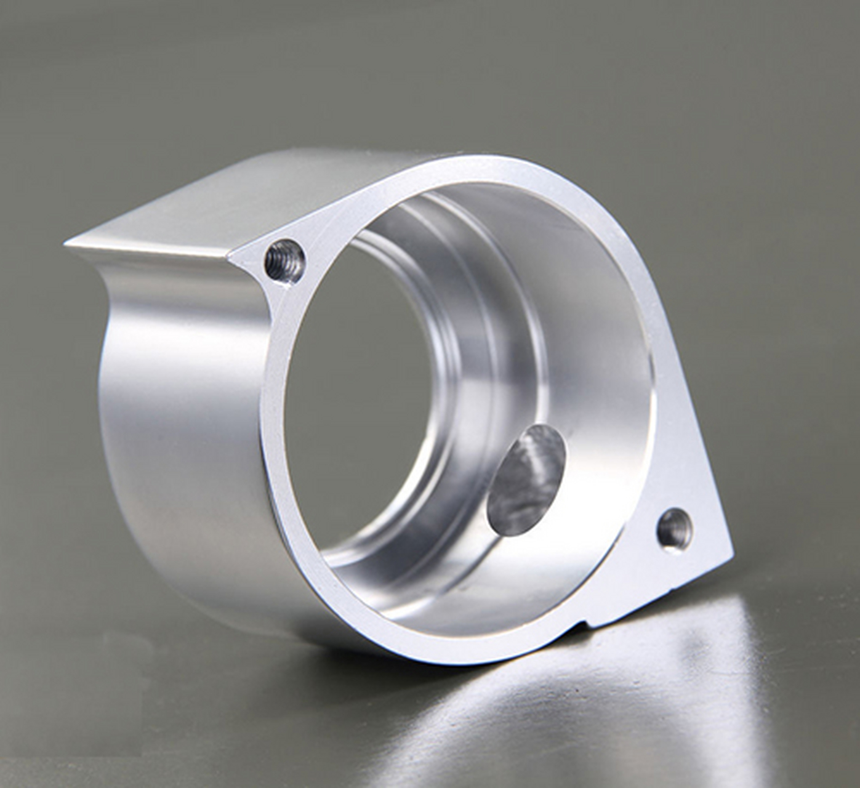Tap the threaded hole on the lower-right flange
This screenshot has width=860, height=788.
coord(675,529)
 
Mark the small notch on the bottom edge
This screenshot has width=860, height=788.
coord(582,626)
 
